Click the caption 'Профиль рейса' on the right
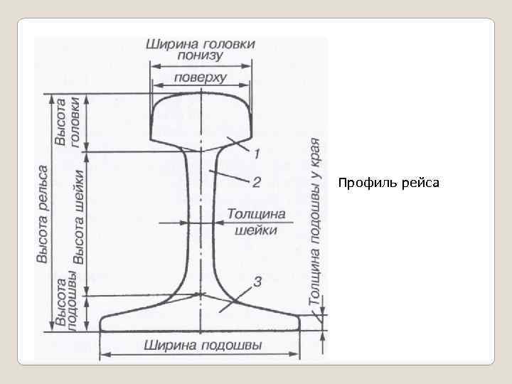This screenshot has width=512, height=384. click(389, 183)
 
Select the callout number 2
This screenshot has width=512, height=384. click(256, 182)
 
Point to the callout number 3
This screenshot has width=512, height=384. click(257, 282)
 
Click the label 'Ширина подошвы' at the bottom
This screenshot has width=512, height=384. click(203, 346)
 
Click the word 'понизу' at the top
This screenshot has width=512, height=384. click(201, 56)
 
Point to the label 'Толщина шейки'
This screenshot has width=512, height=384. click(255, 221)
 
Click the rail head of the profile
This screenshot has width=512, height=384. click(201, 117)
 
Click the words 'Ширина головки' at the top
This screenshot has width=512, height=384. click(201, 43)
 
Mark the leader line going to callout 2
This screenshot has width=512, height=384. click(231, 177)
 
